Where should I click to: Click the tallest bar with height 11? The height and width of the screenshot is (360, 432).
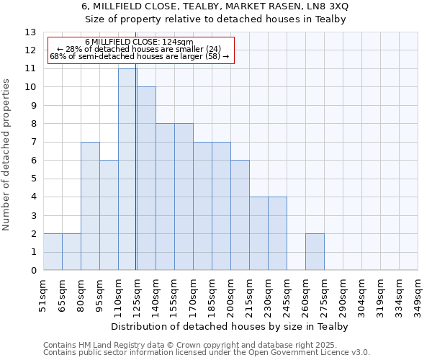coord(127,169)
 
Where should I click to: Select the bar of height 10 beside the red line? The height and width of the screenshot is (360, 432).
coord(146,179)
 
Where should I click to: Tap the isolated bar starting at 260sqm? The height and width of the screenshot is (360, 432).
coord(315,252)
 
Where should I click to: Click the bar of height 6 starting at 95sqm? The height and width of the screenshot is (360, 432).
coord(109,215)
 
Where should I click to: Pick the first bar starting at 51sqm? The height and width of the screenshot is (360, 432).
coord(53,252)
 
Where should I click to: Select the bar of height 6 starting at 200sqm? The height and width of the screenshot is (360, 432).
coord(240,215)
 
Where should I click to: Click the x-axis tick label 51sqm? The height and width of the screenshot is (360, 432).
coord(43,293)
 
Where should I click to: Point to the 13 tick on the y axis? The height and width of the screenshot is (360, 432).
coord(30,32)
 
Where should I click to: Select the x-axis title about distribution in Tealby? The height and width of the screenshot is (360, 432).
coord(230,326)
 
